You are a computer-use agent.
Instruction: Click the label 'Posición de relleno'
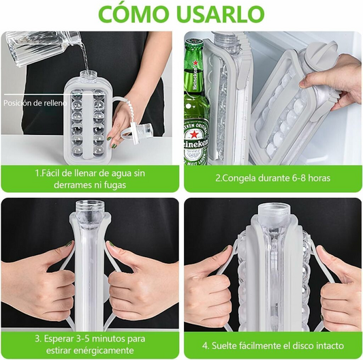(x=35, y=103)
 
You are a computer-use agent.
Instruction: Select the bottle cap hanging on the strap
(x=142, y=132)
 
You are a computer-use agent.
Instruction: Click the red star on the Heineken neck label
(x=195, y=63)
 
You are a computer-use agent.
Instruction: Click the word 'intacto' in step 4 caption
(x=330, y=346)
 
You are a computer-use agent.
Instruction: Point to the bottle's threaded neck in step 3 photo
(x=90, y=207)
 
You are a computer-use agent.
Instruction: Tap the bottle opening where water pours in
(x=89, y=73)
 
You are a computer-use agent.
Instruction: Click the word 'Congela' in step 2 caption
(x=238, y=179)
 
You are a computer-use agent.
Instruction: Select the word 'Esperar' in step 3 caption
(x=59, y=339)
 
